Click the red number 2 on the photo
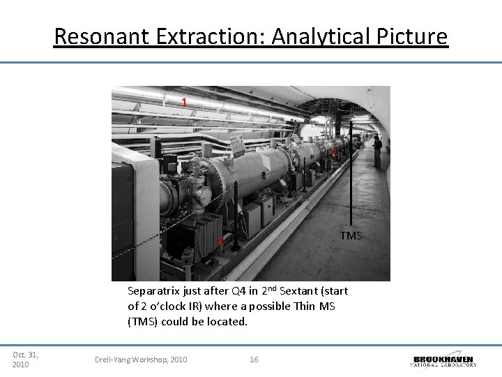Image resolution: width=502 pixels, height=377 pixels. tap(220, 241)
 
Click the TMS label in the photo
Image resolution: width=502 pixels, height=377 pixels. tap(351, 236)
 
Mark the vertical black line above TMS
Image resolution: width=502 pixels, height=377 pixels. tap(351, 175)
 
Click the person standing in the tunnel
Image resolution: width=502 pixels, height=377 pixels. tap(377, 151)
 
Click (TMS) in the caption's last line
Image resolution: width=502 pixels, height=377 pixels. tap(142, 322)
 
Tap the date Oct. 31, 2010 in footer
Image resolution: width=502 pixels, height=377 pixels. tap(25, 360)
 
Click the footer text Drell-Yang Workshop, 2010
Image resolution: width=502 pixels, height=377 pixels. tap(141, 360)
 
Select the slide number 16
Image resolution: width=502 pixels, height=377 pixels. tap(254, 360)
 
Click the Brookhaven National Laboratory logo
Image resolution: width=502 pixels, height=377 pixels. tap(444, 360)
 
